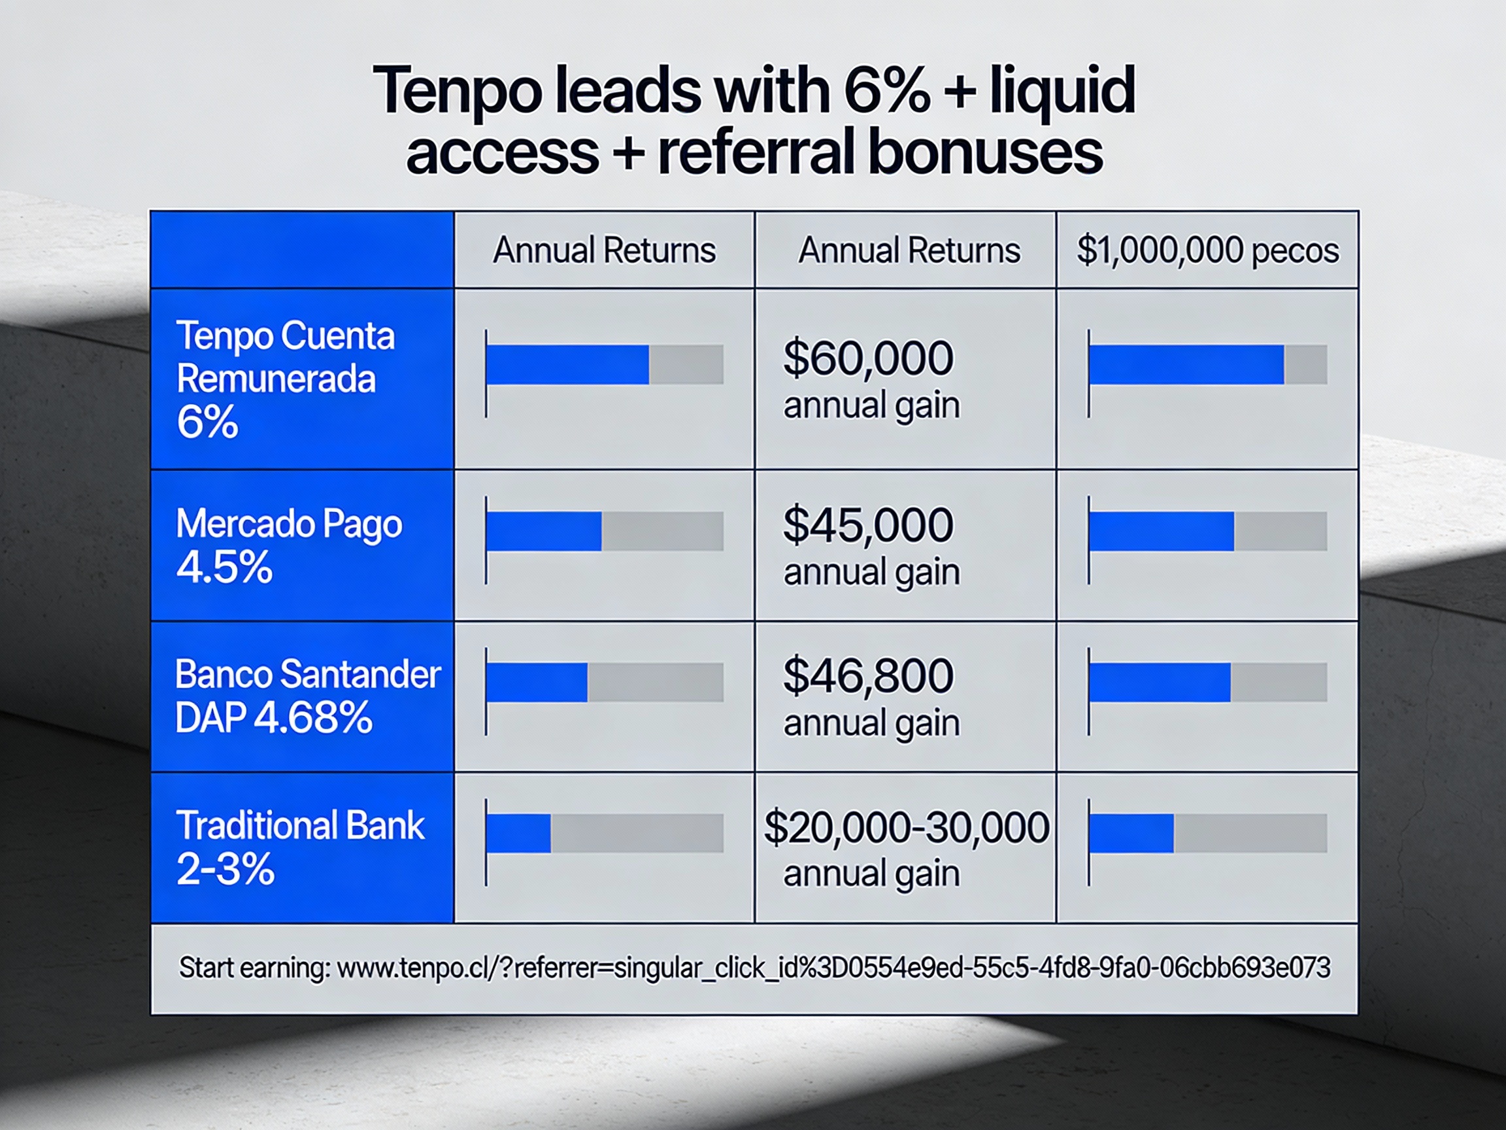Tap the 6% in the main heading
[886, 92]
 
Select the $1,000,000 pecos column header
[1207, 250]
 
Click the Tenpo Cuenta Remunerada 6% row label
[284, 379]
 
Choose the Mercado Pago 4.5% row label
[289, 545]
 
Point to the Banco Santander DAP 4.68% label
[307, 695]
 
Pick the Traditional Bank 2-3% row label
[299, 847]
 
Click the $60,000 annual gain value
[869, 379]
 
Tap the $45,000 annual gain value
[869, 545]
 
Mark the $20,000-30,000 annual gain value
[905, 848]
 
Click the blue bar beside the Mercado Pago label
[544, 531]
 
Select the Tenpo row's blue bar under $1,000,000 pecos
[1186, 364]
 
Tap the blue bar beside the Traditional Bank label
[519, 833]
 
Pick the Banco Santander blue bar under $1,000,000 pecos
[1160, 682]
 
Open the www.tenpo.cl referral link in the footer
[833, 968]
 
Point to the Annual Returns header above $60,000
[909, 250]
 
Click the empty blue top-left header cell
[302, 250]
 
